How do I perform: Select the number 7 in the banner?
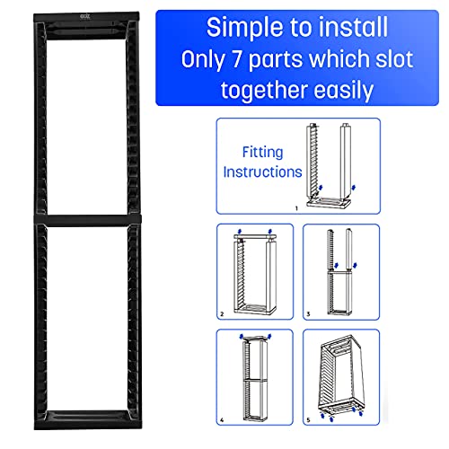pos(237,58)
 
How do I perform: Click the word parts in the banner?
pos(276,61)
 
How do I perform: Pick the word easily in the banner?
pos(344,91)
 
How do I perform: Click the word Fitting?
pos(262,153)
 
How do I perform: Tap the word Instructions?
pos(262,172)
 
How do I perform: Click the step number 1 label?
pos(296,208)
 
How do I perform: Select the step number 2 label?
pos(222,314)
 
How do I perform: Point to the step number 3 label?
pos(308,314)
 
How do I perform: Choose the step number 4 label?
pos(222,420)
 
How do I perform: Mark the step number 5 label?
pos(308,420)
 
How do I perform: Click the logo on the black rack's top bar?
pos(85,16)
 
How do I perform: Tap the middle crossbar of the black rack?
pos(87,220)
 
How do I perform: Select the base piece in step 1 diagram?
pos(329,203)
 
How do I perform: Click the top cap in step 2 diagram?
pos(255,237)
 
